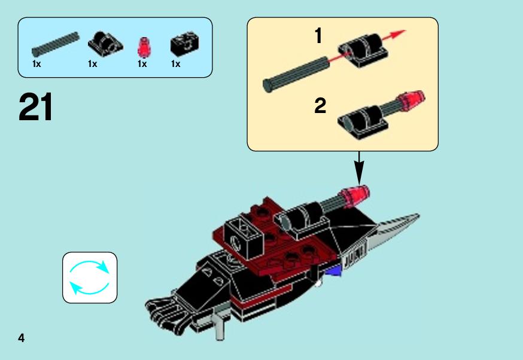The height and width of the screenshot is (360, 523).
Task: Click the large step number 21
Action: [x=35, y=107]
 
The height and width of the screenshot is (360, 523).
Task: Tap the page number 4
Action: [x=22, y=338]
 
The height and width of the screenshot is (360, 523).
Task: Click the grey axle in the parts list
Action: [x=56, y=44]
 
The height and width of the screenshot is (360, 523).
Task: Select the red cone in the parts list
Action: [x=144, y=47]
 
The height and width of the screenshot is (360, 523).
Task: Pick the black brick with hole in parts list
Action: [x=184, y=44]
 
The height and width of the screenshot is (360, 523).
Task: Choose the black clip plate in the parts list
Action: [x=105, y=44]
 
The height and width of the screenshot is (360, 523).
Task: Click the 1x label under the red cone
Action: [x=142, y=63]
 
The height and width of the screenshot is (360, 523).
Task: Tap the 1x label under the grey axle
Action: [x=37, y=63]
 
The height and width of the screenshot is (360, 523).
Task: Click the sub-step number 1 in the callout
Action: [x=318, y=36]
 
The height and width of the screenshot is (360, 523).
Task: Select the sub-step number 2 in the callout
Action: [x=320, y=106]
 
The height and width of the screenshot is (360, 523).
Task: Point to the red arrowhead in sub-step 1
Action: [x=399, y=33]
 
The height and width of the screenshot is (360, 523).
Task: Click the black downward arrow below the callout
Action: [x=359, y=167]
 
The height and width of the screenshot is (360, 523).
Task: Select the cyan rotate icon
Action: [x=89, y=277]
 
